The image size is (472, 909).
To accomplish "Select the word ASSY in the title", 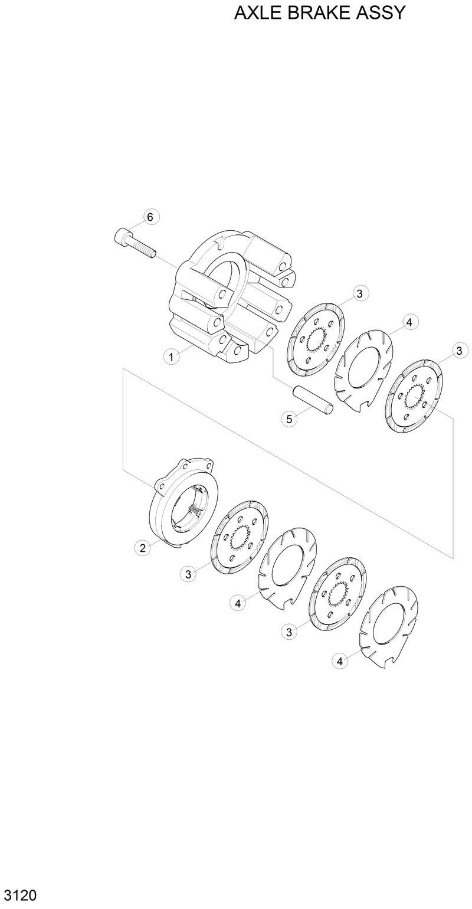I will (x=383, y=12).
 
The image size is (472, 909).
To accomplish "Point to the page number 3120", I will (x=18, y=895).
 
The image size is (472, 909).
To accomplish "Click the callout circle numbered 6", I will (x=150, y=217).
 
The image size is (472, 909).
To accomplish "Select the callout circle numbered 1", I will (x=171, y=357).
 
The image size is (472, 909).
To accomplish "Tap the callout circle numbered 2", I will (x=142, y=548).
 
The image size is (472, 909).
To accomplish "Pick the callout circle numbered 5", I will (x=289, y=419).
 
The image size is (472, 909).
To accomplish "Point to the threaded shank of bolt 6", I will (x=143, y=249).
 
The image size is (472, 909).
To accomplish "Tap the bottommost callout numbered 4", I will (x=339, y=661).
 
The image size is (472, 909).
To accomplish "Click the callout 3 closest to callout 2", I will (x=188, y=573).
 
